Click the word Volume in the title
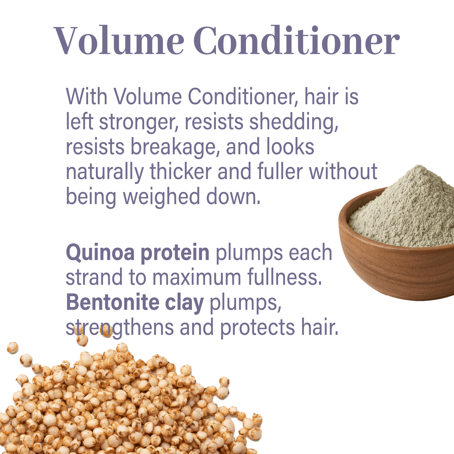[x=119, y=40]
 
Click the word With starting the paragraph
[x=86, y=96]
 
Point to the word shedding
[x=294, y=122]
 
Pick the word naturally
[x=105, y=172]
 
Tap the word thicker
[x=181, y=171]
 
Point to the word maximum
[x=197, y=278]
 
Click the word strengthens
[x=120, y=327]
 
